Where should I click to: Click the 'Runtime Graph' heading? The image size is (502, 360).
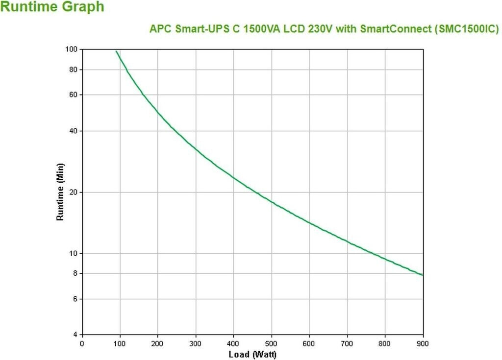52,7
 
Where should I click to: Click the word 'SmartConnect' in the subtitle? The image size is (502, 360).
395,29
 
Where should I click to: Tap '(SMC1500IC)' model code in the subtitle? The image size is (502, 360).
466,29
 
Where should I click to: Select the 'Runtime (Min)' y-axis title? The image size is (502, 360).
60,192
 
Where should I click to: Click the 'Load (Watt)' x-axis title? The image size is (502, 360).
252,354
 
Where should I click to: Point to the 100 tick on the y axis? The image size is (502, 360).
72,49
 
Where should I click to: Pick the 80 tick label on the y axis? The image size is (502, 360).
74,70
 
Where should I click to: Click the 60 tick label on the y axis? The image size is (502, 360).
74,95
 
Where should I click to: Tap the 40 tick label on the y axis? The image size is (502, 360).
74,131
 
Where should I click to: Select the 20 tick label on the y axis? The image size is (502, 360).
74,192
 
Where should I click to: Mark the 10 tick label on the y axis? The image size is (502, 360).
74,254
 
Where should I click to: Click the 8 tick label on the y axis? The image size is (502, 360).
75,273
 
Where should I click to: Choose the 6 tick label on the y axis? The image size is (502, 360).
75,299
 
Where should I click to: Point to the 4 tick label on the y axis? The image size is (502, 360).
75,335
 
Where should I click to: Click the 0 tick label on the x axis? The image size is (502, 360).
82,343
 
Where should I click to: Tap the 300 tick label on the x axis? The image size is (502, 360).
196,343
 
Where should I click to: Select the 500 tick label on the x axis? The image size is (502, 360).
272,343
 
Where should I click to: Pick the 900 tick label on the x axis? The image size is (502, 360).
423,343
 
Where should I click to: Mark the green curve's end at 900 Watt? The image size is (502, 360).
422,275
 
